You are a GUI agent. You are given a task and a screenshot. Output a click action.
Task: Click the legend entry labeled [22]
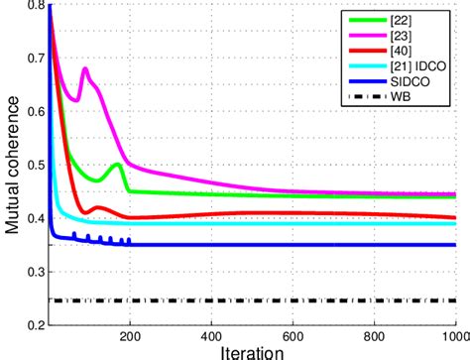coord(412,18)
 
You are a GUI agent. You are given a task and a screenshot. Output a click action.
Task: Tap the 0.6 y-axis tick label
coord(33,111)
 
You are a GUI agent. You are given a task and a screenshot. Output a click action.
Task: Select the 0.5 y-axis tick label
coord(33,165)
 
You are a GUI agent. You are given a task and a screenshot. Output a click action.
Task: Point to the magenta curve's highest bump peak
coord(85,69)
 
